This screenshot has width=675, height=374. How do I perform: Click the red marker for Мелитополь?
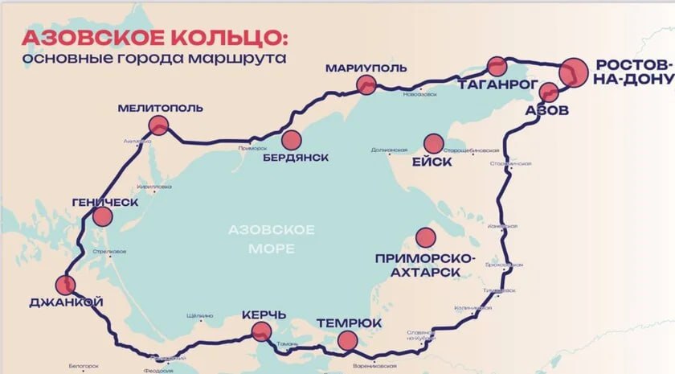[158, 125]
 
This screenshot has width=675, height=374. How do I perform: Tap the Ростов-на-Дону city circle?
[575, 72]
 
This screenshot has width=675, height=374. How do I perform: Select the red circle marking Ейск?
[434, 142]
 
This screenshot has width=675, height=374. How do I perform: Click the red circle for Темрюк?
[347, 341]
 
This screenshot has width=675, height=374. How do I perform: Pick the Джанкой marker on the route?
[65, 284]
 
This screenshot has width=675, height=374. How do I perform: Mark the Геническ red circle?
[102, 216]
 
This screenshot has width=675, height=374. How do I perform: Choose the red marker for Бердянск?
[291, 140]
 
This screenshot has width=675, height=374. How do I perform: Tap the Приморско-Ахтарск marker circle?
[424, 236]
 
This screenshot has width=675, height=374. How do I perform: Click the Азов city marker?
[549, 92]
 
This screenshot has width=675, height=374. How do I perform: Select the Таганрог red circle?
[497, 66]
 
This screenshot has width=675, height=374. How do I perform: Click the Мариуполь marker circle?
[366, 84]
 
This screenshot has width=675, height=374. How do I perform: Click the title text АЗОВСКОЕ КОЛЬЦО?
[153, 39]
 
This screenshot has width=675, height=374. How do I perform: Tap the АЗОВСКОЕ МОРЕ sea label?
[271, 238]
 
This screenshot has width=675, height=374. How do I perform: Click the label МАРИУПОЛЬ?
[362, 68]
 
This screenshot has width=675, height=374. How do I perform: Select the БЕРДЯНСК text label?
[296, 158]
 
